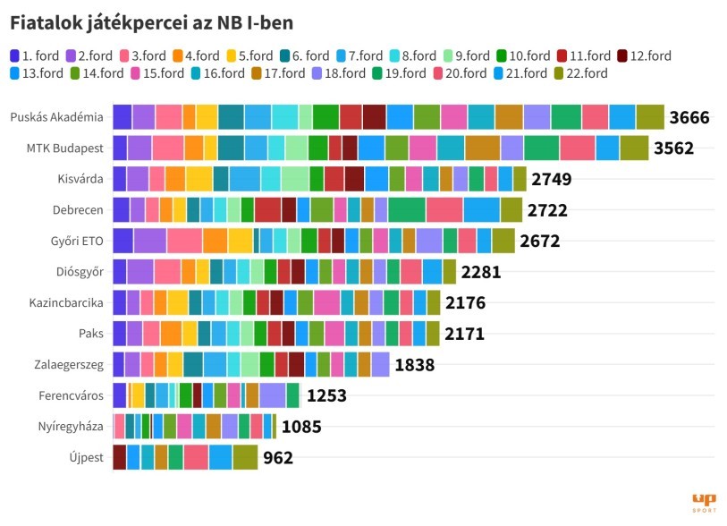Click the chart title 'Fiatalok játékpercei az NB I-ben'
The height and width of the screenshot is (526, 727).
pos(151,21)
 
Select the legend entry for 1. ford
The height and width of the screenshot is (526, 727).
pos(37,56)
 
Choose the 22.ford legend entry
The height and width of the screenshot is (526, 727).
pos(580,73)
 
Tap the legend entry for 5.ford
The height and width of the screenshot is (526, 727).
pos(246,56)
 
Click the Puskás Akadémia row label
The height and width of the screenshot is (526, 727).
pos(56,117)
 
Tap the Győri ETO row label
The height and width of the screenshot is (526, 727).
pos(76,241)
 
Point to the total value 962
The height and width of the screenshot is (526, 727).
pos(277,457)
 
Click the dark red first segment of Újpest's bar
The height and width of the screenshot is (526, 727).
pos(119,457)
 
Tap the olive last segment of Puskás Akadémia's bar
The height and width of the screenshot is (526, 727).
pos(650,117)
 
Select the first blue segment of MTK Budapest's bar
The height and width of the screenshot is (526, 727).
pos(120,148)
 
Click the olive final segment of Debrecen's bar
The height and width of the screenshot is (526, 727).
pos(511,209)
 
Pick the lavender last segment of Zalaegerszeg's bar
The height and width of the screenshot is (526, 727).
pos(380,364)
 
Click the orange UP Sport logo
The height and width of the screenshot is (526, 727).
pos(704,502)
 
